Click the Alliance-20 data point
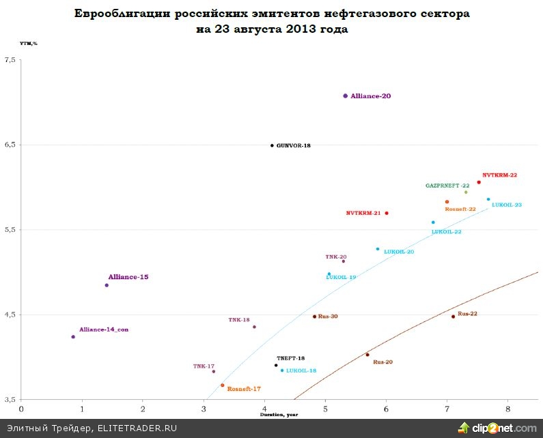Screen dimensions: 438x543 click(346, 96)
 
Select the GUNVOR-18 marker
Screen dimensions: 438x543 click(272, 145)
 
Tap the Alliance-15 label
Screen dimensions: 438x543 click(128, 277)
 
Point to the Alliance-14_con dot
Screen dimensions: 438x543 click(73, 336)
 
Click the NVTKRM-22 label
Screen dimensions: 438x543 click(499, 175)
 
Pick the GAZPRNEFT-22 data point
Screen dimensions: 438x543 click(466, 192)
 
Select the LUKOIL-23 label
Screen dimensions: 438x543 click(507, 205)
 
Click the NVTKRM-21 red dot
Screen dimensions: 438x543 click(387, 213)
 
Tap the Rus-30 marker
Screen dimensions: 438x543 click(315, 317)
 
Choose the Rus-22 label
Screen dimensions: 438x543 click(467, 314)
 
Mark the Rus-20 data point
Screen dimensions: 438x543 click(367, 355)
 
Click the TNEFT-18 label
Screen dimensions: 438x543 click(290, 358)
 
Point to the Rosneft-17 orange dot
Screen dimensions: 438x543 click(223, 385)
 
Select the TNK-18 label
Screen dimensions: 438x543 click(239, 320)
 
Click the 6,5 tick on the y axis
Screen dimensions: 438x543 click(10, 145)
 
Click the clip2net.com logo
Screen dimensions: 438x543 click(497, 428)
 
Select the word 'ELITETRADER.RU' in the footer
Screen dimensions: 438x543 click(137, 428)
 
